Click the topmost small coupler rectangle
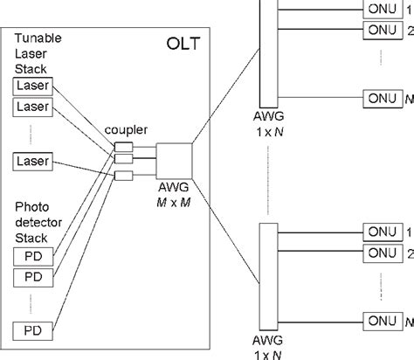coord(121,147)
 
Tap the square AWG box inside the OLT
coord(173,160)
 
